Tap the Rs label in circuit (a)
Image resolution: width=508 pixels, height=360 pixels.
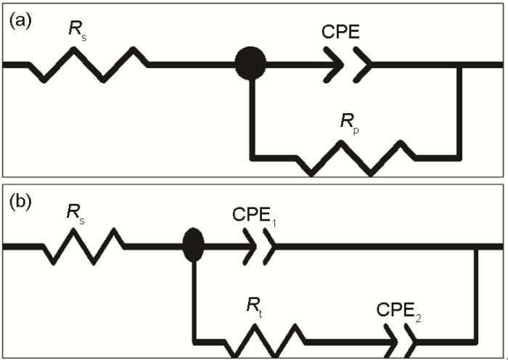[77, 35]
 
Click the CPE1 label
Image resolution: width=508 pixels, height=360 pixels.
[255, 216]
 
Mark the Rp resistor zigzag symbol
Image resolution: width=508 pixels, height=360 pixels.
[355, 156]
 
